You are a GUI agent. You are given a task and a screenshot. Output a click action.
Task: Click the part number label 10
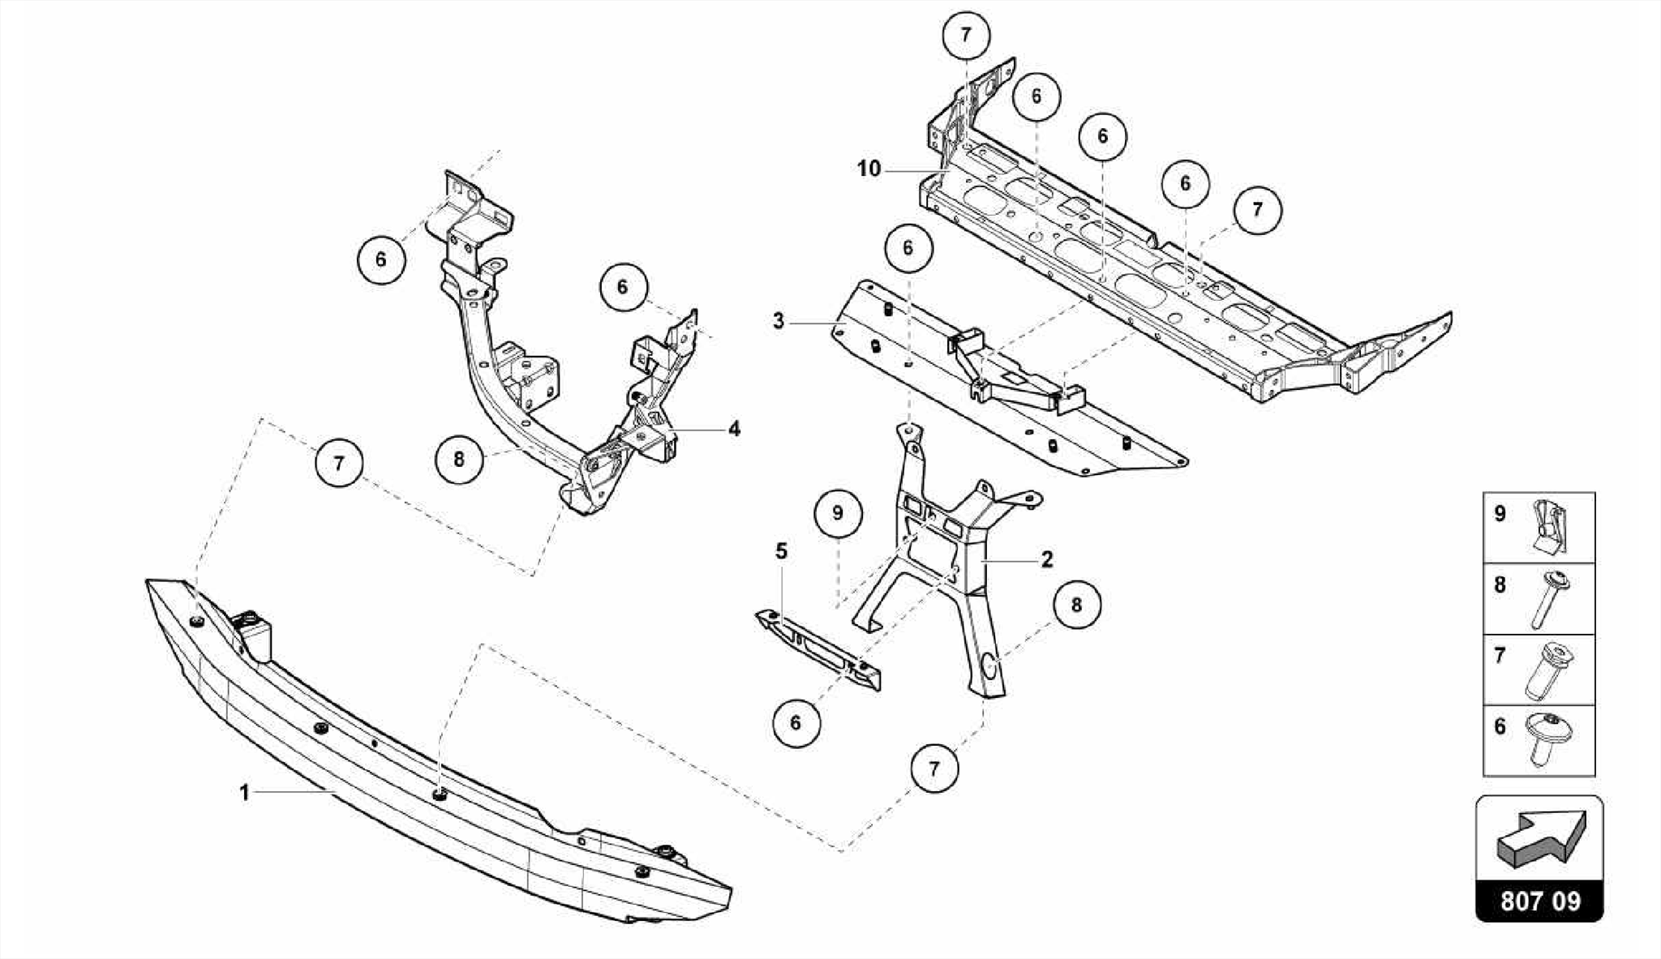[869, 169]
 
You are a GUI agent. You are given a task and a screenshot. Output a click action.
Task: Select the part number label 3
[779, 321]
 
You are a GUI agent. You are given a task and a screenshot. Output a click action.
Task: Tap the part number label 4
[734, 429]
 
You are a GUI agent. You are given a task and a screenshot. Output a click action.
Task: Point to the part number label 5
[781, 552]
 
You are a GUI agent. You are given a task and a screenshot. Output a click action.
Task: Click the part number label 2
[1047, 559]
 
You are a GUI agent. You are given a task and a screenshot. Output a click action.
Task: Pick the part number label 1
[244, 792]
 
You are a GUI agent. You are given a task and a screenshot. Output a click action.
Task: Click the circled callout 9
[838, 513]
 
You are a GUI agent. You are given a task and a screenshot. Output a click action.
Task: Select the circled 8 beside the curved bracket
[459, 460]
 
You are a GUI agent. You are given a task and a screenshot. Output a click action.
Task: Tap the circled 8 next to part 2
[1077, 606]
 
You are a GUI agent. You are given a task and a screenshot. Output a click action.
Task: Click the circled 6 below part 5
[796, 722]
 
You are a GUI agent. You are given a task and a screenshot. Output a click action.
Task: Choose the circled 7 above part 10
[966, 36]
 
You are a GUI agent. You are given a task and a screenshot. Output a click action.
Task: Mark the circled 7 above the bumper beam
[339, 464]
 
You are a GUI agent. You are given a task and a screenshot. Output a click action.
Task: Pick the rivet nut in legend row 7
[1550, 670]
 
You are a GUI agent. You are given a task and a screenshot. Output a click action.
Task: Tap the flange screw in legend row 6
[1548, 739]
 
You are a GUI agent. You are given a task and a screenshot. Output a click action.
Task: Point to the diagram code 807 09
[1539, 901]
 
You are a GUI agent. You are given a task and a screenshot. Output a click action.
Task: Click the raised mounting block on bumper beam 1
[254, 632]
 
